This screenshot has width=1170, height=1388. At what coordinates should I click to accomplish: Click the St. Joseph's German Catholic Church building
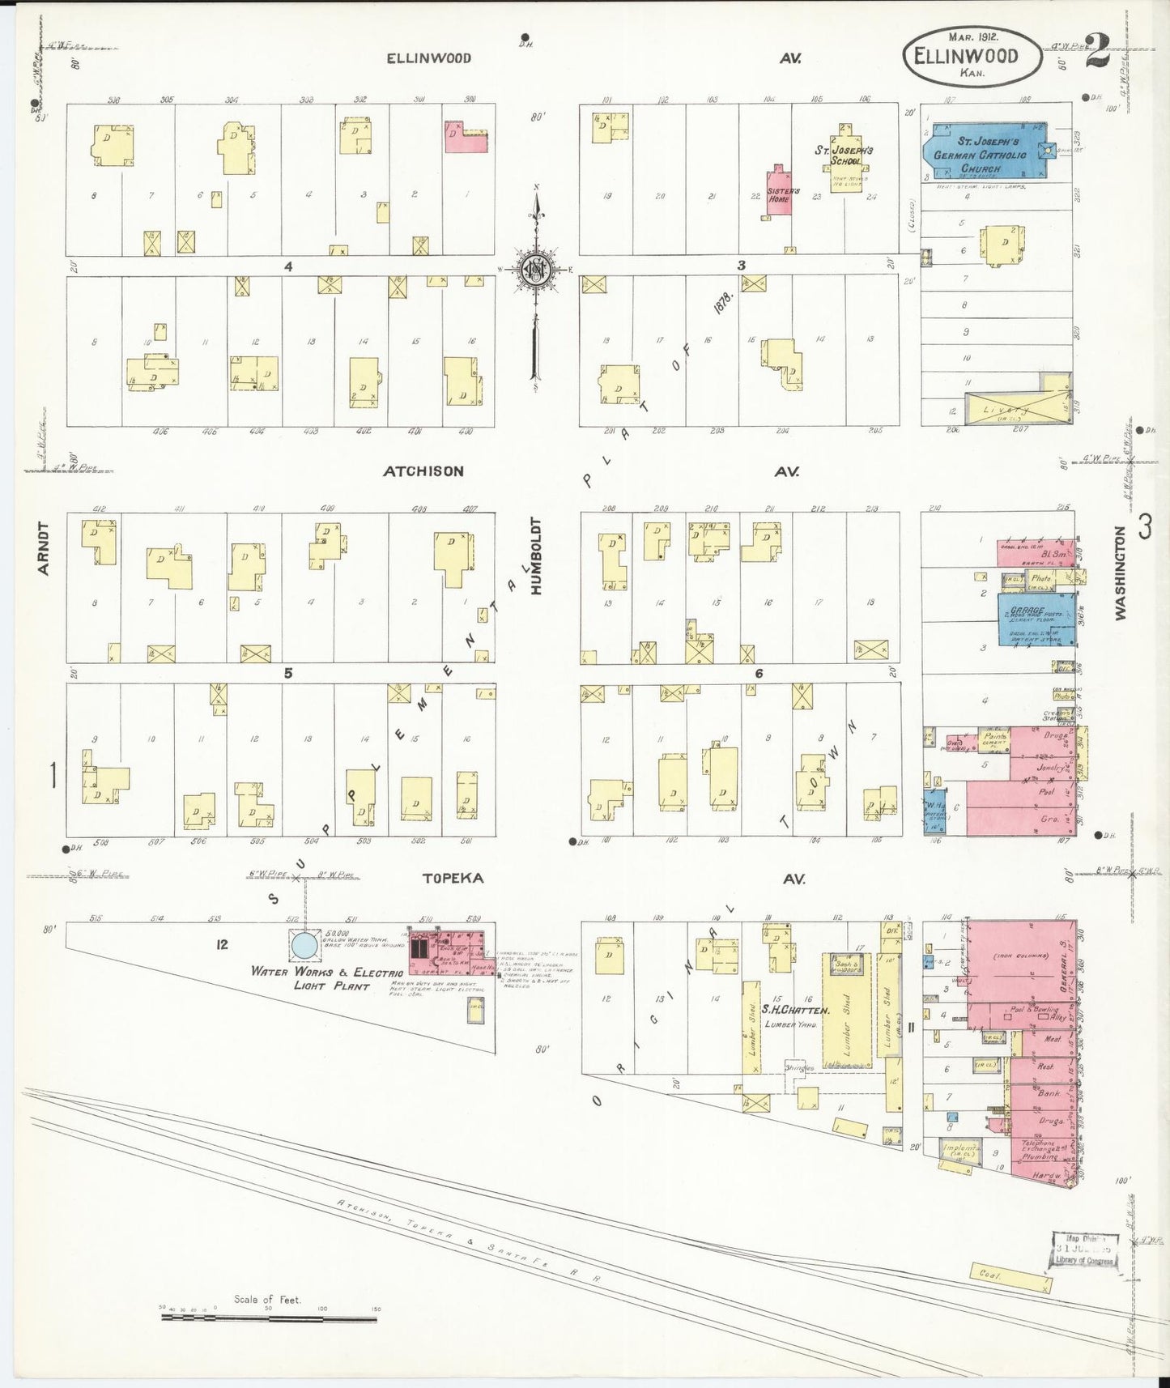click(984, 151)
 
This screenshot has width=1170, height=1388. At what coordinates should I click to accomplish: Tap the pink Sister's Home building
click(779, 193)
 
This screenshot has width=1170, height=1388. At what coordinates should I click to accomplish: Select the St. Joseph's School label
click(844, 155)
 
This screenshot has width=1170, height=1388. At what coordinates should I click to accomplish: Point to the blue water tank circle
click(304, 945)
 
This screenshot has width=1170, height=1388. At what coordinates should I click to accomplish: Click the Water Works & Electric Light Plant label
click(327, 978)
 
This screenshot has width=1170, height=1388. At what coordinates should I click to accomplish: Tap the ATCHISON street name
click(423, 471)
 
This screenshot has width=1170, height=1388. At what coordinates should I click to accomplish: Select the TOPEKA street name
click(452, 879)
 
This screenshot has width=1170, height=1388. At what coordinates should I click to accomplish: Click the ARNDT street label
click(44, 548)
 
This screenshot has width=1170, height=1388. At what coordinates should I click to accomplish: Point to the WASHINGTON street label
click(1120, 573)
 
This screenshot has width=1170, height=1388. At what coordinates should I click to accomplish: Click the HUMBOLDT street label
click(535, 556)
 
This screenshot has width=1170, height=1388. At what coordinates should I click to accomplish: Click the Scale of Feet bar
click(268, 1318)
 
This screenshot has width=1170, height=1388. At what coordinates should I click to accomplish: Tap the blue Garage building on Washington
click(1036, 619)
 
